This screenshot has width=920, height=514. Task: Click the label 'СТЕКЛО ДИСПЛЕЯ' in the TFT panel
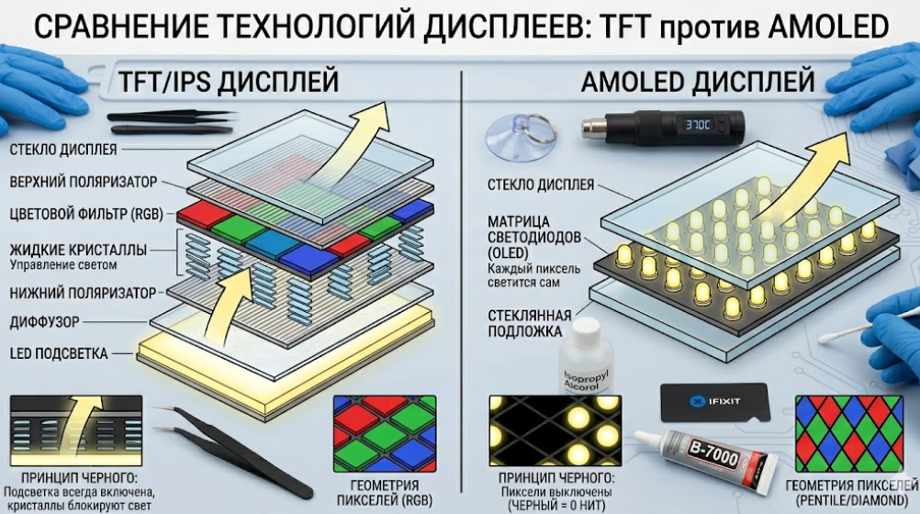[x=62, y=149]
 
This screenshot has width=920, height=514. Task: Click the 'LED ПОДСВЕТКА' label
[x=58, y=353]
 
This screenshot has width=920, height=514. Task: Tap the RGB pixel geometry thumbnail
[x=385, y=434]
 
